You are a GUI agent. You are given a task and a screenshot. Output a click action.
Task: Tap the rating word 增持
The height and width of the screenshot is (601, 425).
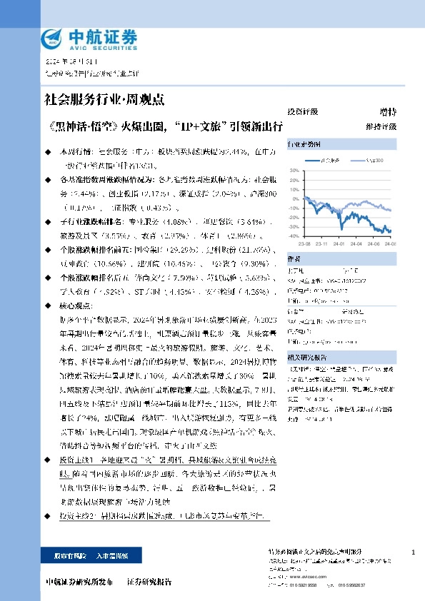click(x=387, y=112)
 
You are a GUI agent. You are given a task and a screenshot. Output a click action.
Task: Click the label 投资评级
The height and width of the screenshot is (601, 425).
click(x=302, y=112)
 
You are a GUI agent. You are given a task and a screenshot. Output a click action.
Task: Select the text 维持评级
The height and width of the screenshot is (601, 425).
click(x=381, y=126)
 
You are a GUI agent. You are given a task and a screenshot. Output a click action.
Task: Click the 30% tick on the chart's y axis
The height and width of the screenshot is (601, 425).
click(x=294, y=171)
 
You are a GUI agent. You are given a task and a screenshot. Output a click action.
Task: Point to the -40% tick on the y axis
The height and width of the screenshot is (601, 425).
click(x=294, y=236)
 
